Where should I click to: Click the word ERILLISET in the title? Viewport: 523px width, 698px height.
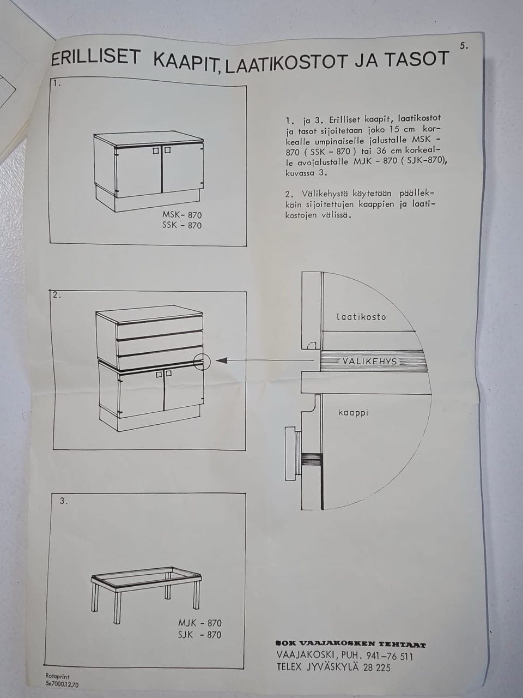coord(95,58)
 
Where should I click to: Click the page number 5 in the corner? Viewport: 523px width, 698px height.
coord(464,46)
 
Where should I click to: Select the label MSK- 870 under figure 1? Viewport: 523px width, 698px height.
coord(182,215)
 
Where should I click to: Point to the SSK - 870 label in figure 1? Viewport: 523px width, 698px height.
coord(182,225)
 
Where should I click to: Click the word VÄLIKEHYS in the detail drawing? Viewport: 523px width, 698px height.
coord(370,362)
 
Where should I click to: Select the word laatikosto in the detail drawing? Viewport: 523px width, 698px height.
coord(361,317)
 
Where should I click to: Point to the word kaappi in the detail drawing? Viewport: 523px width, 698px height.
coord(353,413)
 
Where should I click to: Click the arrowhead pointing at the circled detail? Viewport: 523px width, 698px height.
coord(222,360)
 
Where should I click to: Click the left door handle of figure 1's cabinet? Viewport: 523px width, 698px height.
coord(156,151)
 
